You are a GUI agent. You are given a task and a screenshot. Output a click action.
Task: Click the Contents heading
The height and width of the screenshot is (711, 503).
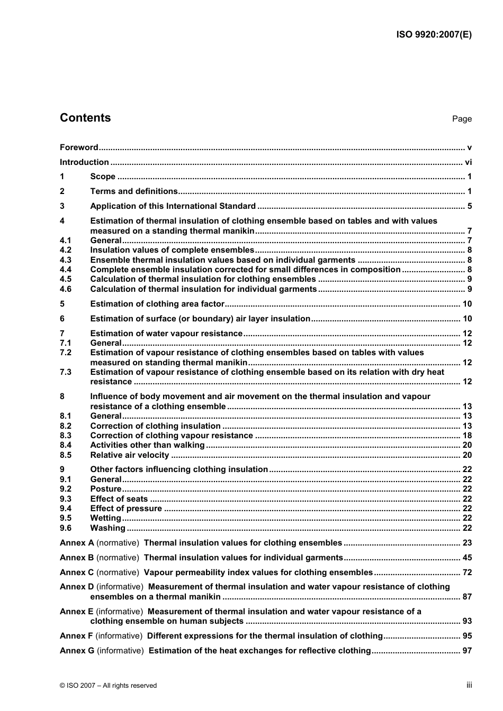(x=85, y=118)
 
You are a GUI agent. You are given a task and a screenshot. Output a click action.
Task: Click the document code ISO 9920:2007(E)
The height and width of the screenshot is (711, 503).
(x=434, y=35)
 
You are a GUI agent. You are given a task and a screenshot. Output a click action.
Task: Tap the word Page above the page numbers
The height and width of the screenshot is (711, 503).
(x=462, y=119)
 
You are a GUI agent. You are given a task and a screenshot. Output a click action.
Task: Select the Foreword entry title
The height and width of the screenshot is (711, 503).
(x=79, y=147)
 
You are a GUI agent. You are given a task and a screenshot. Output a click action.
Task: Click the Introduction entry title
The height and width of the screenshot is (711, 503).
(x=84, y=162)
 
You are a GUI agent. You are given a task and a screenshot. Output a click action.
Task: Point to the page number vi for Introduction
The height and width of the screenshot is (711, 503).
(x=468, y=162)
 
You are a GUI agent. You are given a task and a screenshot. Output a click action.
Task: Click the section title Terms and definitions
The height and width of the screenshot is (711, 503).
(x=134, y=191)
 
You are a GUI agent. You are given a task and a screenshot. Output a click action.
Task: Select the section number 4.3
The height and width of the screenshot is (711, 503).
(x=66, y=260)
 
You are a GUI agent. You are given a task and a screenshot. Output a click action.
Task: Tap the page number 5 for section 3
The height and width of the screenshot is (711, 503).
(x=470, y=206)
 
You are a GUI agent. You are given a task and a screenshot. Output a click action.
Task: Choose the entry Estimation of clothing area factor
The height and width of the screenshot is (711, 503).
(x=157, y=304)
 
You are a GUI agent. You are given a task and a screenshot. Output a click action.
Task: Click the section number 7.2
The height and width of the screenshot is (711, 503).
(x=66, y=353)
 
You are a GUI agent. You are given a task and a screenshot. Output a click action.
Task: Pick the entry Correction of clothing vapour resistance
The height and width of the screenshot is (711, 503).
(x=172, y=436)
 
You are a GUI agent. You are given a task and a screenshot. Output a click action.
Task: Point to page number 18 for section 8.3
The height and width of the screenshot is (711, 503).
(x=467, y=436)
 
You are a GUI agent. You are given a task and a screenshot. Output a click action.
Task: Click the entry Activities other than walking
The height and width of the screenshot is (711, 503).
(x=147, y=445)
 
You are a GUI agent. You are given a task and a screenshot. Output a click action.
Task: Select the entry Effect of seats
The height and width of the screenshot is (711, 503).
(x=119, y=499)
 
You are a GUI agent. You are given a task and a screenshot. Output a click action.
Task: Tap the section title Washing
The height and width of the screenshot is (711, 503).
(x=107, y=528)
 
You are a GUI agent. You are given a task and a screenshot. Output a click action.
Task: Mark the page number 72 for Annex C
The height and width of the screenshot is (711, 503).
(x=467, y=573)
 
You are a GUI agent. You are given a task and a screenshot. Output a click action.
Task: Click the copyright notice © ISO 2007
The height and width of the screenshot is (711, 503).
(x=108, y=686)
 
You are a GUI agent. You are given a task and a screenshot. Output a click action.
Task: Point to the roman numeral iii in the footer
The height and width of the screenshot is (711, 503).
(x=469, y=685)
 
